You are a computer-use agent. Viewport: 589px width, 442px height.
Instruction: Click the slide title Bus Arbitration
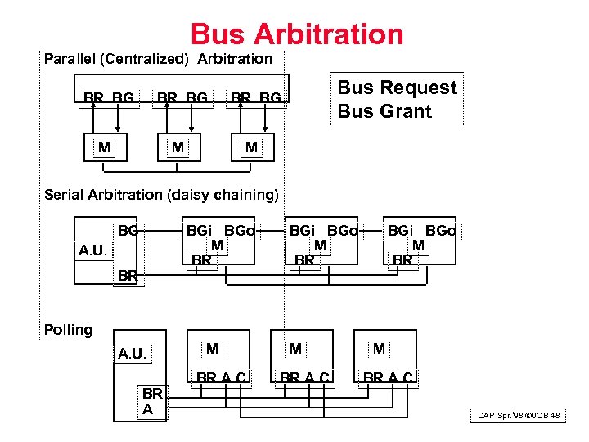pyautogui.click(x=297, y=34)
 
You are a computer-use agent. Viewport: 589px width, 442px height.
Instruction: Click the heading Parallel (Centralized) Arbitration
pyautogui.click(x=158, y=59)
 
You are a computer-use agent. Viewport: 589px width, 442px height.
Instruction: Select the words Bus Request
pyautogui.click(x=397, y=88)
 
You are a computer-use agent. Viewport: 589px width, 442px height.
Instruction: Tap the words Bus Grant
pyautogui.click(x=384, y=111)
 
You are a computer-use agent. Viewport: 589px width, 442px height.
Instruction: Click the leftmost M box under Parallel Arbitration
pyautogui.click(x=104, y=147)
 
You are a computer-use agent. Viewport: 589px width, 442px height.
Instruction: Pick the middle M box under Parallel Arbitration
pyautogui.click(x=177, y=147)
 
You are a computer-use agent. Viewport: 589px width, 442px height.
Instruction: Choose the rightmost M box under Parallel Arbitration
pyautogui.click(x=251, y=147)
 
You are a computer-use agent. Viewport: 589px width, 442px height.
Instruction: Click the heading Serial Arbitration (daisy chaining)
pyautogui.click(x=161, y=195)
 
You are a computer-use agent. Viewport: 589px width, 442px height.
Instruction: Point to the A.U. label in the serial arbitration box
pyautogui.click(x=92, y=250)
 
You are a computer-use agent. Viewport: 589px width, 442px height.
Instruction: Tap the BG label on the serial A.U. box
pyautogui.click(x=128, y=231)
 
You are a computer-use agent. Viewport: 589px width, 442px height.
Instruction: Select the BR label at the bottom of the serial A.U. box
pyautogui.click(x=128, y=276)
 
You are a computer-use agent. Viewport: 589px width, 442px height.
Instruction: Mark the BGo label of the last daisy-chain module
pyautogui.click(x=440, y=232)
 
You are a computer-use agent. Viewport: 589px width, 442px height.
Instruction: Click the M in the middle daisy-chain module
pyautogui.click(x=320, y=245)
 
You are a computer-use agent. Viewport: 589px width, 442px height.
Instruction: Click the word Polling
pyautogui.click(x=68, y=330)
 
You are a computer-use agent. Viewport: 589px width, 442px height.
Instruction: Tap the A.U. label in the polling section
pyautogui.click(x=132, y=354)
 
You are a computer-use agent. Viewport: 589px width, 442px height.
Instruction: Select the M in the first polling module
pyautogui.click(x=212, y=349)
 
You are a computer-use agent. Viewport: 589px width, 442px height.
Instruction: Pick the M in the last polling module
pyautogui.click(x=379, y=349)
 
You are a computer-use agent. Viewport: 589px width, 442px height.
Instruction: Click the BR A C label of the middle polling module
pyautogui.click(x=304, y=377)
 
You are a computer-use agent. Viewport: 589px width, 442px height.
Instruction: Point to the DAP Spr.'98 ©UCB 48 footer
pyautogui.click(x=519, y=416)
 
